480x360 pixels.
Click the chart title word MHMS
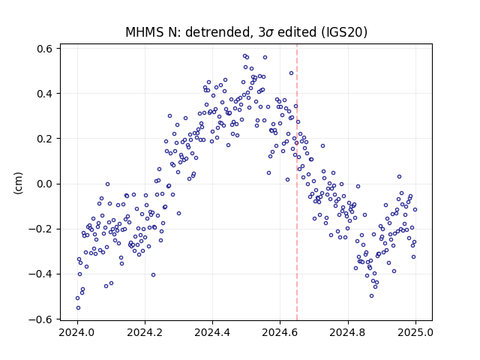[x=145, y=32]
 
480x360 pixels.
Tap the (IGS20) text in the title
[x=343, y=32]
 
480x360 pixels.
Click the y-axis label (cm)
[x=18, y=183]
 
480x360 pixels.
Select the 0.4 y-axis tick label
[x=44, y=93]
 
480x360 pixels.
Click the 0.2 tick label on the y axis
[x=44, y=139]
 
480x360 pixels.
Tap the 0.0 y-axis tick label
[x=44, y=184]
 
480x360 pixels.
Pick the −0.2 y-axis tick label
[x=40, y=229]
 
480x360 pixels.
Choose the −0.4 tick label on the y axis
[x=40, y=274]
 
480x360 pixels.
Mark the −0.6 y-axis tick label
[x=40, y=319]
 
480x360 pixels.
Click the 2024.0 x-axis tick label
[x=77, y=332]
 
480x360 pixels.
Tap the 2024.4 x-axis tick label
[x=212, y=332]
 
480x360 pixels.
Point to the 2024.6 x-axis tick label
[x=280, y=332]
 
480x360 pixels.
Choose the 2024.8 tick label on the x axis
[x=348, y=332]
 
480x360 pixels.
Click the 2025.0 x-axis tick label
[x=415, y=332]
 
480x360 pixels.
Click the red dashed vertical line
[x=297, y=182]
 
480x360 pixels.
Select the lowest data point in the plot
[x=78, y=308]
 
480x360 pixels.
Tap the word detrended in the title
[x=218, y=32]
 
